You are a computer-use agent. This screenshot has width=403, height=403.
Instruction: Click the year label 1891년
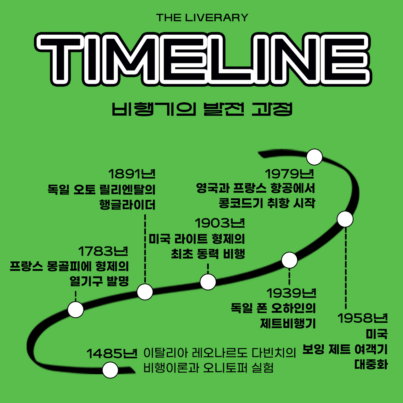(132, 174)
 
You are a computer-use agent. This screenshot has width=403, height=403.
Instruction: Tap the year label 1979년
(290, 174)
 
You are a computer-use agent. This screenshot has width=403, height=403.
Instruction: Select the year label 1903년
(220, 223)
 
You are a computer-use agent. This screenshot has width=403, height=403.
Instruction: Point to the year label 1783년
(103, 251)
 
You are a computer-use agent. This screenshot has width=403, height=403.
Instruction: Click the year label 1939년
(291, 293)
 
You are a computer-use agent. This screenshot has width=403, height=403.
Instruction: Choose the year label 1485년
(112, 354)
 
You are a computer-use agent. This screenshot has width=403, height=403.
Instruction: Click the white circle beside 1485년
(110, 370)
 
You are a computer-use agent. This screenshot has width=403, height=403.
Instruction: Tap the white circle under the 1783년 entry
(76, 309)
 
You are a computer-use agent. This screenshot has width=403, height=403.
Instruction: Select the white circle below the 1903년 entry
(208, 282)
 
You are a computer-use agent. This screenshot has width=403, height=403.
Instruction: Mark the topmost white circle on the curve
(314, 157)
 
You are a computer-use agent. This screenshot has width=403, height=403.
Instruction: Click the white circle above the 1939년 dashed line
(289, 260)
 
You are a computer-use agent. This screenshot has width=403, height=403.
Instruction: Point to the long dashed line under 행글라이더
(145, 249)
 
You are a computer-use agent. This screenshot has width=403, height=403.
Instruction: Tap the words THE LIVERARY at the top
(202, 18)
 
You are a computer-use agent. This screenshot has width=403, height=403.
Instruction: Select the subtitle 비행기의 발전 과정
(202, 109)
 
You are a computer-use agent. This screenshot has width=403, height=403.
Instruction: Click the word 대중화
(371, 365)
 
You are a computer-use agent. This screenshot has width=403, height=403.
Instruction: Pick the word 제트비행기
(288, 324)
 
